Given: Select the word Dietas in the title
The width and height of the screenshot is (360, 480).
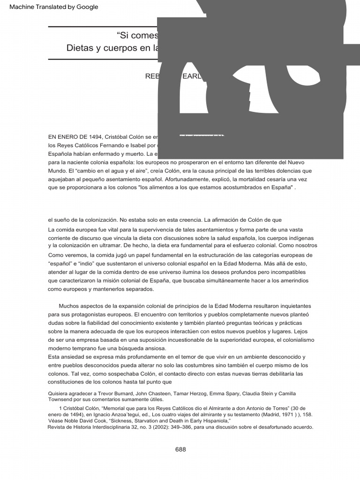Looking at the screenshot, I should tap(82, 48).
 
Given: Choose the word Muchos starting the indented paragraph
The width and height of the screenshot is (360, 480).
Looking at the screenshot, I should tap(69, 306).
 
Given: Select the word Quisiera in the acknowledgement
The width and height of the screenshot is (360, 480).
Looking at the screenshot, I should tap(60, 393).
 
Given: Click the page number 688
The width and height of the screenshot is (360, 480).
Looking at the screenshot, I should tap(180, 449).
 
